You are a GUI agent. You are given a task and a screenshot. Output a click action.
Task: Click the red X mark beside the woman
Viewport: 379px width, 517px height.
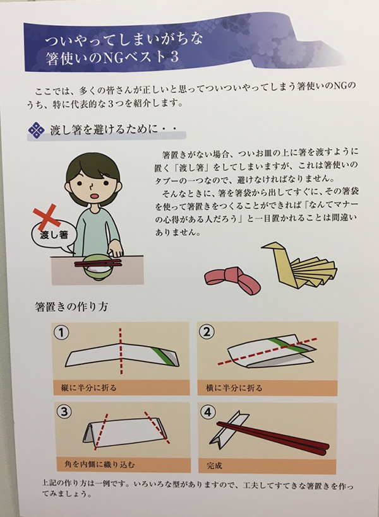point(47,218)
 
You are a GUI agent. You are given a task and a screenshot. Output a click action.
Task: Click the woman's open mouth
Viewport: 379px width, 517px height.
point(97,195)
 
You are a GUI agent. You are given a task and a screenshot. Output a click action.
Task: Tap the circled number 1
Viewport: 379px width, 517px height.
point(61,333)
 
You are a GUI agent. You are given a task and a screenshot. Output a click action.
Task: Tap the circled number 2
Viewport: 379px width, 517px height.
point(206,332)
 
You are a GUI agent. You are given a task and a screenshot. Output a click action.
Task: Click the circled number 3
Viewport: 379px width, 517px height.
point(64,412)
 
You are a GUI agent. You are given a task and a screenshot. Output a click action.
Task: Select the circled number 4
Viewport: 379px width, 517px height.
point(208,412)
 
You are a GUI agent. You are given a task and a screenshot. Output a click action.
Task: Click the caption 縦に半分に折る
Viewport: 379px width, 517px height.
point(89,388)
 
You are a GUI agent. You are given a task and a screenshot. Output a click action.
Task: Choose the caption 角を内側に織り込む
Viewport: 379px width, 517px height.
point(100,465)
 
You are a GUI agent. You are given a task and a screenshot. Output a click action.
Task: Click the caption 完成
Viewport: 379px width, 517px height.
point(214,466)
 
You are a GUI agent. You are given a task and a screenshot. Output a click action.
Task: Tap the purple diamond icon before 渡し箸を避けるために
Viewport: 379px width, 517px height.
point(37,131)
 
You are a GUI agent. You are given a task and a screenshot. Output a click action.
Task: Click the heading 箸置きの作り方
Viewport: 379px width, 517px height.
point(71,307)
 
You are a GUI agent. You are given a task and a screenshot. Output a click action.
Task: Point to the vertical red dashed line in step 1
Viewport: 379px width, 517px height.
point(121,351)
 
